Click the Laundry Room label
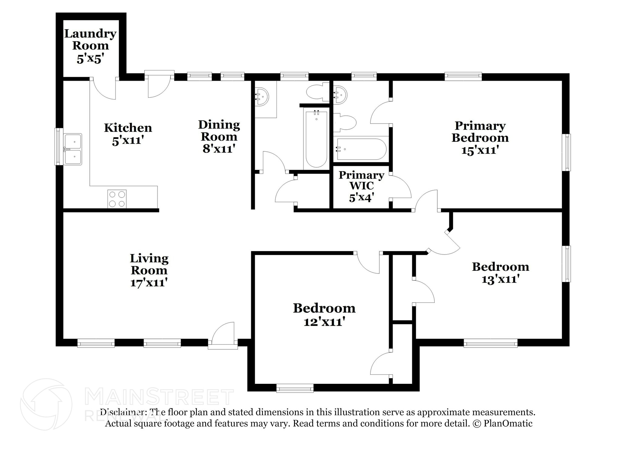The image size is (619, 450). click(90, 39)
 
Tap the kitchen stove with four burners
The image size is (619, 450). click(117, 199)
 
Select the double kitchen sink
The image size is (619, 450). click(73, 149)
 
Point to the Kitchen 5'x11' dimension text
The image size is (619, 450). click(128, 141)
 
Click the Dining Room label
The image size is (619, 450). click(219, 131)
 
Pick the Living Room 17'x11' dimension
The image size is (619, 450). click(149, 283)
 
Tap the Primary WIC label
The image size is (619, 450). click(361, 180)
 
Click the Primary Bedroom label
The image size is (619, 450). click(480, 132)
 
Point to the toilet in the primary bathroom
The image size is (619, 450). click(345, 123)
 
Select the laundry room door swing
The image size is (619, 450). click(103, 88)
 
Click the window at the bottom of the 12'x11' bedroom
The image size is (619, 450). click(295, 388)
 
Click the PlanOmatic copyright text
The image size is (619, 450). click(502, 423)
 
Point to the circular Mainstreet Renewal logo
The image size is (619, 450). click(46, 404)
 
